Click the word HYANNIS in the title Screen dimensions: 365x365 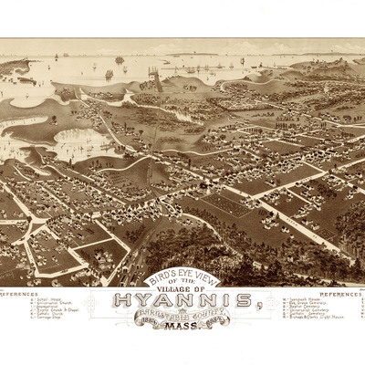point(182,301)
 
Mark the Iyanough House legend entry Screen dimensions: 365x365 point(301,298)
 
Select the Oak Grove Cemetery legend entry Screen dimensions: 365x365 point(304,302)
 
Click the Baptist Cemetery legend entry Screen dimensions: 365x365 point(302,306)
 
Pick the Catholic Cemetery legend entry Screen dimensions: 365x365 point(303,313)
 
